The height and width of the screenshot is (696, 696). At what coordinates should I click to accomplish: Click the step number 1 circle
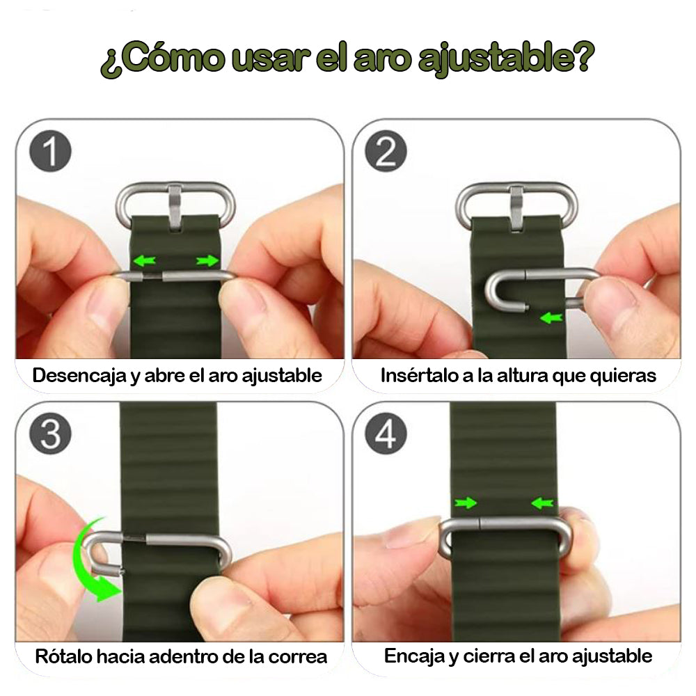click(x=51, y=152)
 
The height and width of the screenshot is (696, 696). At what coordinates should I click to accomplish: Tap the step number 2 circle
click(x=385, y=152)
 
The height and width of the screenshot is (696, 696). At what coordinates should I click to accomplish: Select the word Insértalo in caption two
click(x=415, y=376)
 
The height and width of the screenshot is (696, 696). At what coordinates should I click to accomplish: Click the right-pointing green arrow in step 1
click(x=207, y=261)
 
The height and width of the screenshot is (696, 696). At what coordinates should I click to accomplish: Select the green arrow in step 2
click(x=551, y=318)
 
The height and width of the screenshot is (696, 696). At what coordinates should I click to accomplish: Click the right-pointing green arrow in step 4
click(x=466, y=503)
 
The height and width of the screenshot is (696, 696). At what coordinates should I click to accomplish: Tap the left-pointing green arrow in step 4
click(x=541, y=503)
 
